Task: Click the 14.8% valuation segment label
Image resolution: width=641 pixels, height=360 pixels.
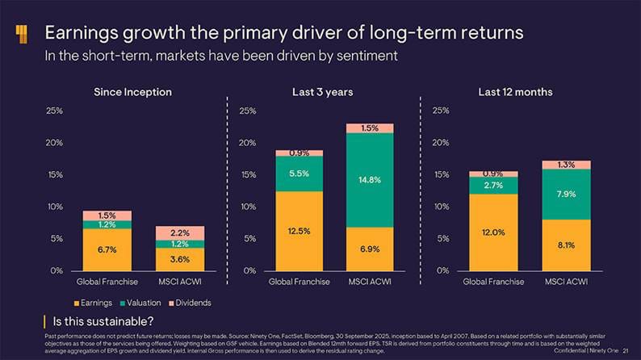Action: [x=370, y=179]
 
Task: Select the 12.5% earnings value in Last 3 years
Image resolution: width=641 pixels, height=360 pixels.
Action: [x=300, y=231]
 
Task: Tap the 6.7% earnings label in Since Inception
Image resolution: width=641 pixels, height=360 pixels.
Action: [x=107, y=249]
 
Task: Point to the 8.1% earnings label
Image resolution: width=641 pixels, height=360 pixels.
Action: [x=566, y=245]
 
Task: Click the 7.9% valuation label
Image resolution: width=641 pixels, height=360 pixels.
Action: [x=566, y=195]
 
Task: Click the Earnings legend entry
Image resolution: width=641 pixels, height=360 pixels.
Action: [x=92, y=303]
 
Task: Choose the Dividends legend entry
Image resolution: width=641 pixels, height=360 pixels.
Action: [x=190, y=303]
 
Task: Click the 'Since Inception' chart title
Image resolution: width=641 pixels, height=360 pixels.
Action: [x=133, y=92]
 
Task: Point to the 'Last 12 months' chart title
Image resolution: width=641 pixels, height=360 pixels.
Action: [x=515, y=92]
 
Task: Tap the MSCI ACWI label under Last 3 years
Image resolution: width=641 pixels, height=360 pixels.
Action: [x=370, y=283]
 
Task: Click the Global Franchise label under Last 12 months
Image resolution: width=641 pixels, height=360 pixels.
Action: [x=493, y=283]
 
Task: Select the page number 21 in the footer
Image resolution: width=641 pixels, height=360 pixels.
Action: [x=626, y=350]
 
